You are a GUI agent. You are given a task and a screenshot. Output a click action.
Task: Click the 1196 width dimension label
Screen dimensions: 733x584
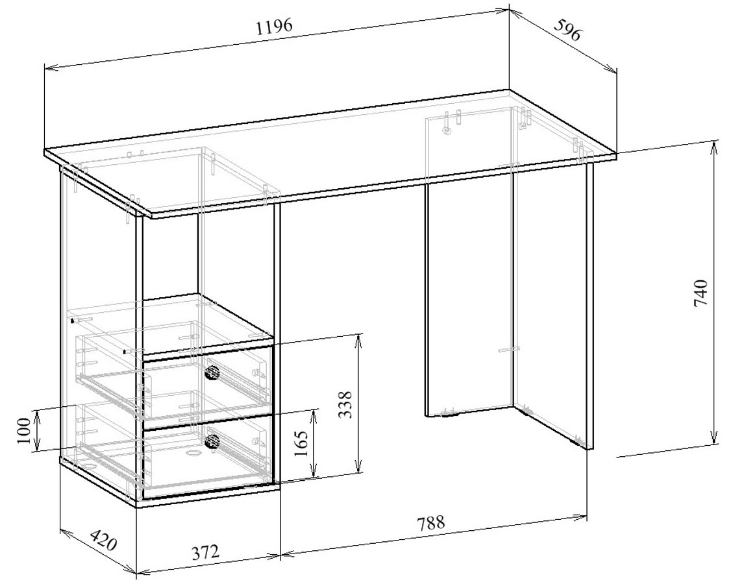click(275, 27)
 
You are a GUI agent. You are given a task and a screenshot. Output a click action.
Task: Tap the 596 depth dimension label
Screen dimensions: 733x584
click(567, 29)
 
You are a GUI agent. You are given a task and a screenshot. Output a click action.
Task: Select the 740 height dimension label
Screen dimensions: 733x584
click(701, 293)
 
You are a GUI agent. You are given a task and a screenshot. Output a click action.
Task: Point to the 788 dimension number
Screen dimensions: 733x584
click(430, 523)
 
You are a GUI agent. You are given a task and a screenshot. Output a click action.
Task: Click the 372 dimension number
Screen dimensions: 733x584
click(206, 552)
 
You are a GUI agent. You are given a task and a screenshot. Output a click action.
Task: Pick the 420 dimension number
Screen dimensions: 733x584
click(103, 540)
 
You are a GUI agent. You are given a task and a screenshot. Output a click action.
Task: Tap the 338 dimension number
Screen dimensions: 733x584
click(345, 405)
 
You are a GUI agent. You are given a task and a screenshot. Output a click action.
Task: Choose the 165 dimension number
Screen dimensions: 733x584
click(301, 443)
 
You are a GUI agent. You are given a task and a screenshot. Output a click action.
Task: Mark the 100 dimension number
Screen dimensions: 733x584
click(23, 430)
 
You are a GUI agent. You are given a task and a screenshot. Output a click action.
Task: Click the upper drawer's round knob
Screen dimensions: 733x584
click(212, 372)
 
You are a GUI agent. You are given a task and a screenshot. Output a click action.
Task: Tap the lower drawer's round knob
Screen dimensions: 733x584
click(212, 441)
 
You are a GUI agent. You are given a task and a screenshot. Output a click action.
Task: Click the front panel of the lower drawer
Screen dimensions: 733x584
click(208, 456)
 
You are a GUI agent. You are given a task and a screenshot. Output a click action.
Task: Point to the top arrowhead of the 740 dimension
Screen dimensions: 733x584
click(714, 147)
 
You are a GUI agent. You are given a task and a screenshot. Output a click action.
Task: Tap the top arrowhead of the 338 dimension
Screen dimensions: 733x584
click(358, 341)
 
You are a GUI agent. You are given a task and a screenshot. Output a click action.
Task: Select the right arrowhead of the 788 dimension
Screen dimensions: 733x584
click(580, 517)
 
